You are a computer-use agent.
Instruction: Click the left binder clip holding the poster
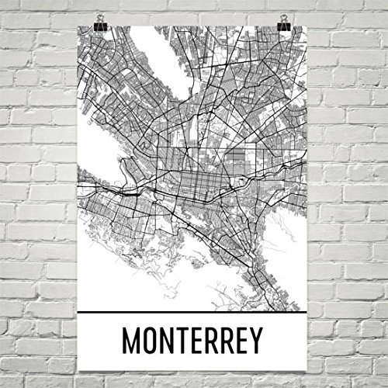[x=101, y=24]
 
